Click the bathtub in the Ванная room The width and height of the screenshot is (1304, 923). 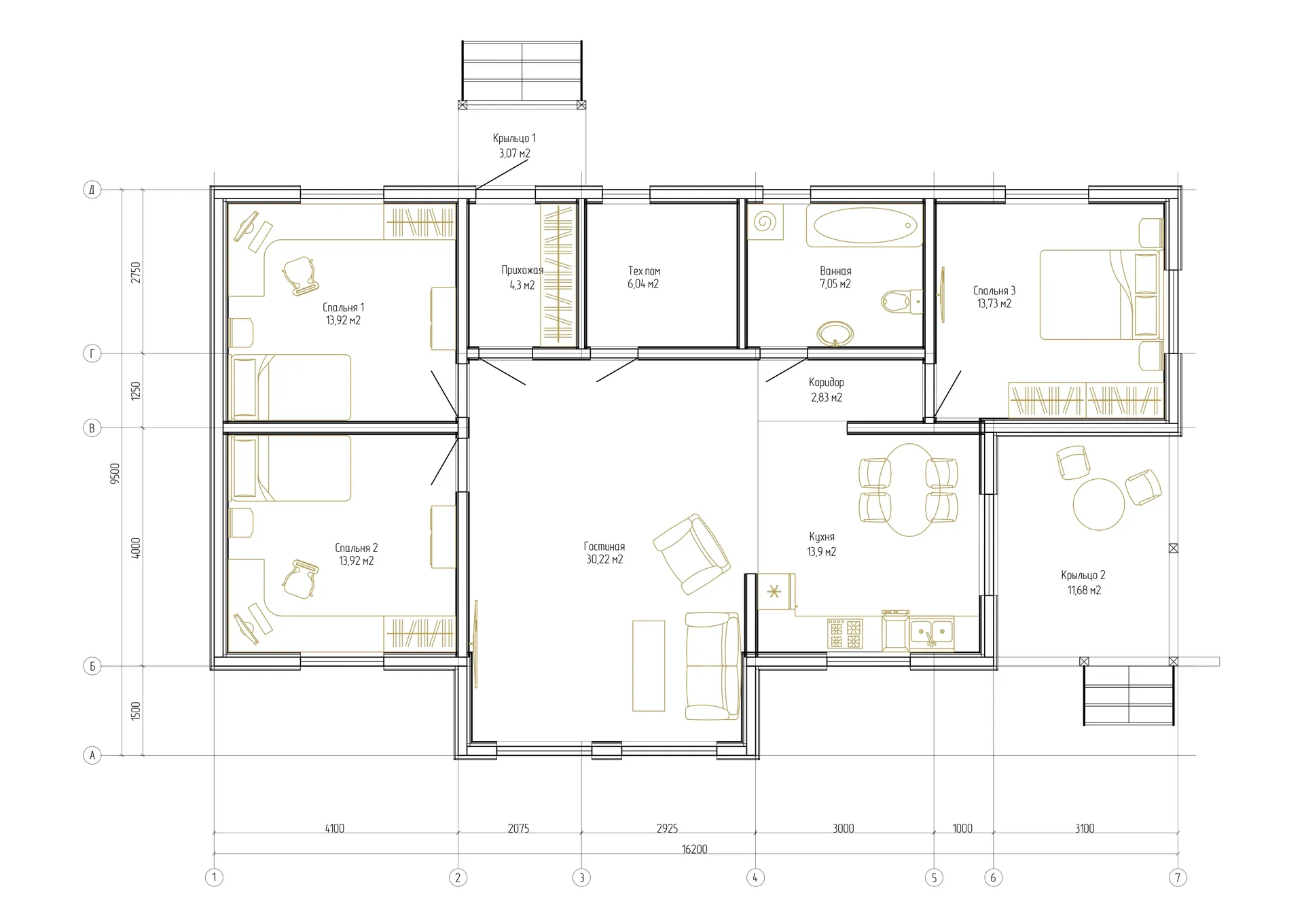tap(865, 226)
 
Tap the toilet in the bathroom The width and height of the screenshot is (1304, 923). tap(902, 300)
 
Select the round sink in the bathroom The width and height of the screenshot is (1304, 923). tap(835, 334)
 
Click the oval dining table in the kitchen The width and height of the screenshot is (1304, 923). tap(909, 489)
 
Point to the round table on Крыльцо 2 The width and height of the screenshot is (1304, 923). tap(1098, 504)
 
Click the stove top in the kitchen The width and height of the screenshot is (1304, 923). tap(845, 633)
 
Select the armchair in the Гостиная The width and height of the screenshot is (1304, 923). tap(691, 554)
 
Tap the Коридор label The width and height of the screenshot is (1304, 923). tap(826, 383)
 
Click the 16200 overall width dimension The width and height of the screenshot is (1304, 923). tap(694, 849)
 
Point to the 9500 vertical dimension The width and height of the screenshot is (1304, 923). tap(115, 473)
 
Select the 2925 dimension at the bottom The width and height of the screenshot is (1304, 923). tap(667, 829)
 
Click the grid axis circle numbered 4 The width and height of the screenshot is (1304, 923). tap(755, 877)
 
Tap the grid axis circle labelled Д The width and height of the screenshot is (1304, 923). tap(92, 189)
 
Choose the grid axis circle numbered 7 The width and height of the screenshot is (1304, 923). tap(1178, 877)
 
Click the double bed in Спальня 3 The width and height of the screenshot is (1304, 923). tap(1100, 294)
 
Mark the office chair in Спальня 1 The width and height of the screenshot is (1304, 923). tap(300, 275)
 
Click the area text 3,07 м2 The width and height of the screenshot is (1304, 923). tap(514, 154)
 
